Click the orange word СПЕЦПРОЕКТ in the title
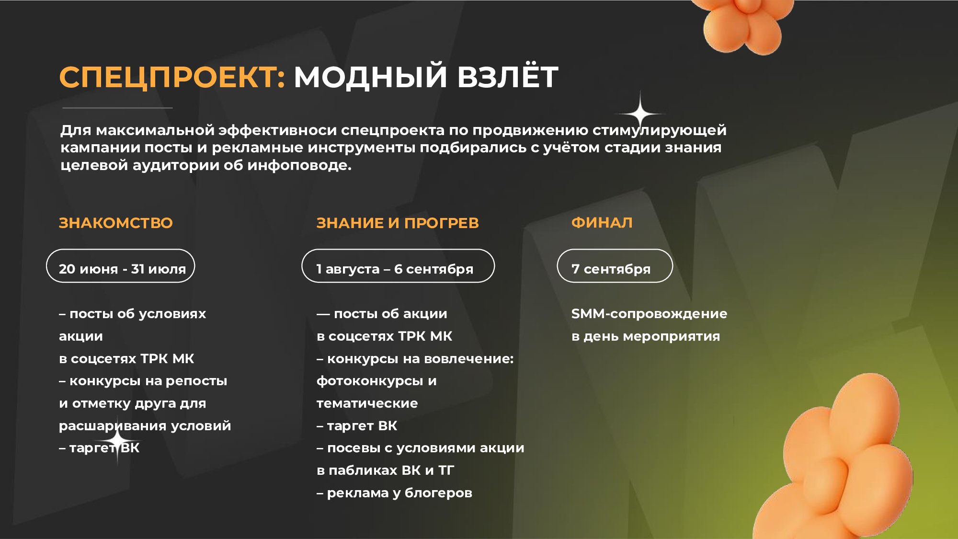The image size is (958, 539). tap(172, 77)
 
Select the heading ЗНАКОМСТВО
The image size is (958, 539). tap(115, 223)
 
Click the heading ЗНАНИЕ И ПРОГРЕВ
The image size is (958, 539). tap(398, 223)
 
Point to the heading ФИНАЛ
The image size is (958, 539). tap(602, 222)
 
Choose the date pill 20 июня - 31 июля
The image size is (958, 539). tap(120, 266)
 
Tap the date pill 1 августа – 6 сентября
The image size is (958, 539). tap(398, 266)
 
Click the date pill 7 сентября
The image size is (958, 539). tap(615, 266)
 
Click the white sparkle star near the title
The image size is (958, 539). tap(640, 114)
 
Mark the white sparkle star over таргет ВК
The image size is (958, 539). tap(117, 439)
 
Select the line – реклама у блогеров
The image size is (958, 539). tap(394, 493)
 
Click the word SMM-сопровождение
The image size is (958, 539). tap(649, 314)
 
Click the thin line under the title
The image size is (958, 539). tap(117, 108)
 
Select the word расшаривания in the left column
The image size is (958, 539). tap(113, 426)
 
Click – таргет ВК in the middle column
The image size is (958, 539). tap(357, 426)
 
